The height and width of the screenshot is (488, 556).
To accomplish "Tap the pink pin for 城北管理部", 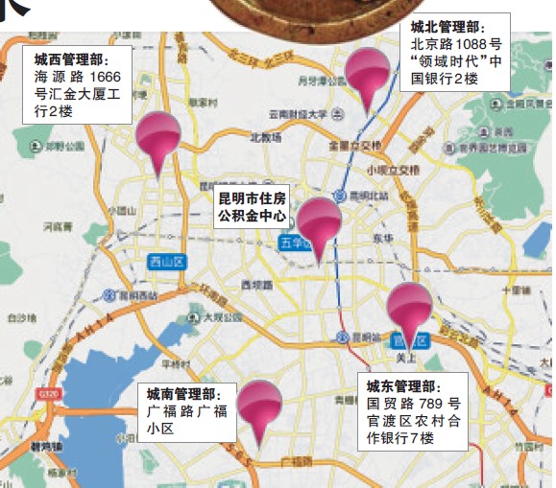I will pos(368,72).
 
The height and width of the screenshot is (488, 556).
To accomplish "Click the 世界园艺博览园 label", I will pos(491,149).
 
